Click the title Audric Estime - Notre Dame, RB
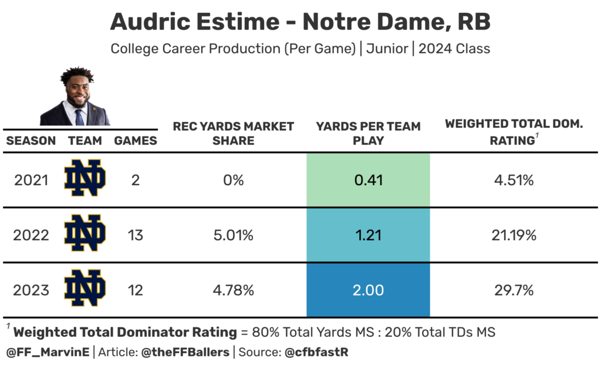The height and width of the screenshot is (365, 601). point(300,22)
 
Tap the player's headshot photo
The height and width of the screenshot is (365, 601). point(76,97)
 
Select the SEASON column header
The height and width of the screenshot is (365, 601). point(31,141)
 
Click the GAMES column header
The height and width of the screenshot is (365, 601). point(136,141)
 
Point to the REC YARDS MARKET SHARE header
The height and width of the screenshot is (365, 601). point(233,134)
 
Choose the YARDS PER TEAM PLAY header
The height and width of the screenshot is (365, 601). point(368,134)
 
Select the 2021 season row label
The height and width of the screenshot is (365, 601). point(31,180)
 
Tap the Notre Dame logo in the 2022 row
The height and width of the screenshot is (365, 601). point(85,234)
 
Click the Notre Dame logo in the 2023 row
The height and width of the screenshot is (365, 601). point(85,289)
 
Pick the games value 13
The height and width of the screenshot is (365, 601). point(136,236)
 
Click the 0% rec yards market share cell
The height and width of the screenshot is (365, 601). point(233,180)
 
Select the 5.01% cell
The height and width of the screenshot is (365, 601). point(233,236)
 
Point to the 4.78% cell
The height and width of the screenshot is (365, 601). point(233,290)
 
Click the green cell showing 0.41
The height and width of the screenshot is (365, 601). point(368,180)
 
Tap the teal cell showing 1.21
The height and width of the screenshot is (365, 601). point(368,236)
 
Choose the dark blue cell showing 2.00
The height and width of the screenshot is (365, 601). point(368,290)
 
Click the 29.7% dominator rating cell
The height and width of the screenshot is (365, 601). point(514,290)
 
